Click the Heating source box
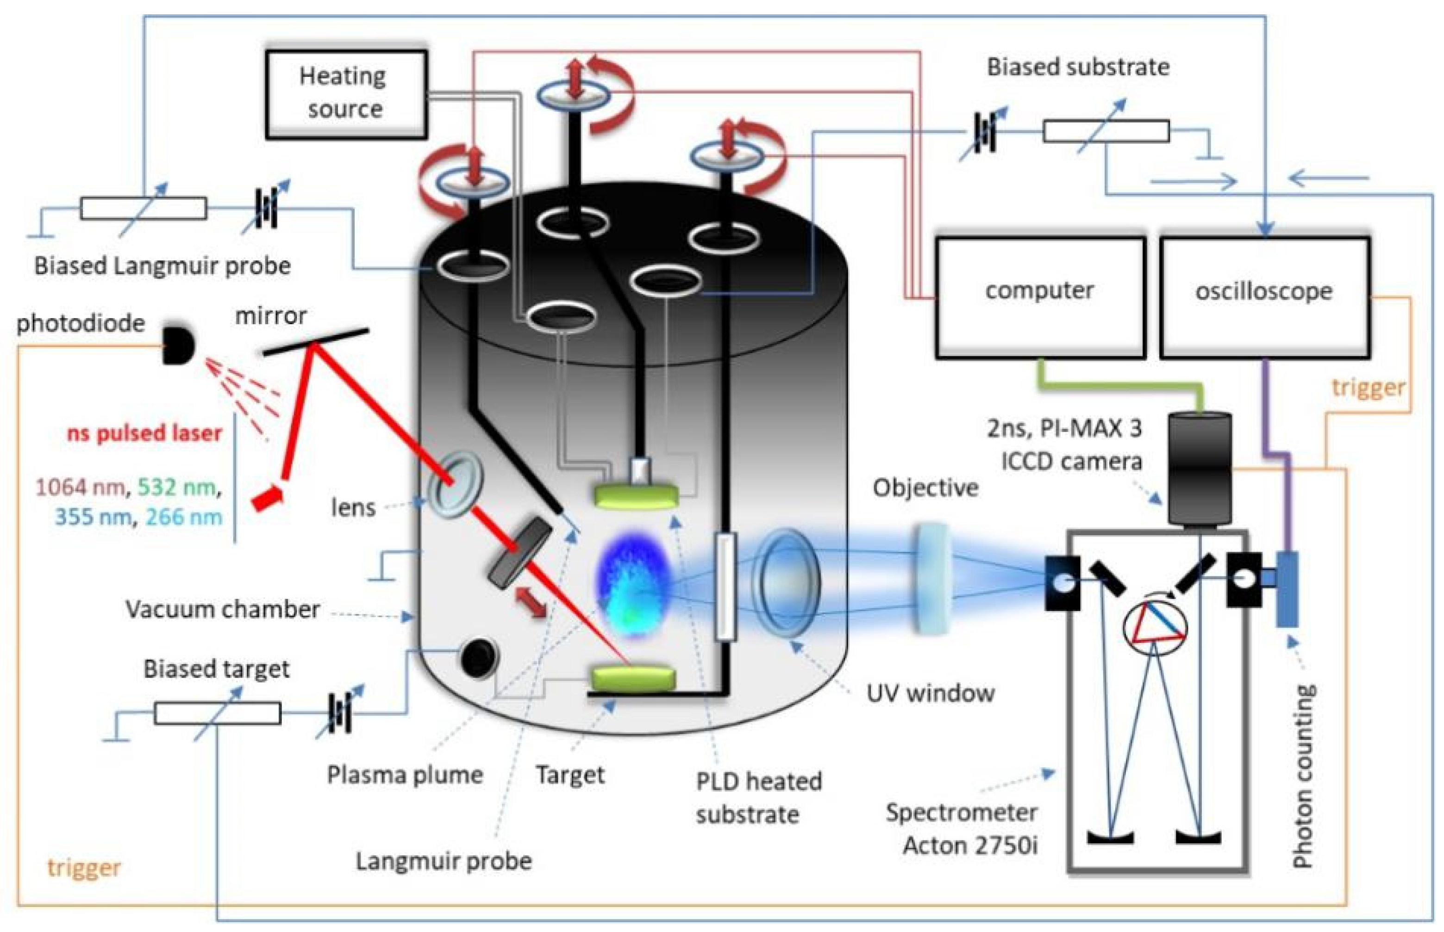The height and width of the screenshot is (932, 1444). pyautogui.click(x=346, y=94)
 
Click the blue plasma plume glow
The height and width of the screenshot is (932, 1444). pyautogui.click(x=633, y=584)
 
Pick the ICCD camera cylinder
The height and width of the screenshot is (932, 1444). pyautogui.click(x=1199, y=468)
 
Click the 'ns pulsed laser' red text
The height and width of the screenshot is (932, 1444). pyautogui.click(x=144, y=433)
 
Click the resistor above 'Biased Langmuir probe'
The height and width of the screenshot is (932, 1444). pyautogui.click(x=144, y=208)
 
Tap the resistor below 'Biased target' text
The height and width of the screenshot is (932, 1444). pyautogui.click(x=218, y=713)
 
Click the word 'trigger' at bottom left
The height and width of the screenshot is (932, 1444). pyautogui.click(x=84, y=868)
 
